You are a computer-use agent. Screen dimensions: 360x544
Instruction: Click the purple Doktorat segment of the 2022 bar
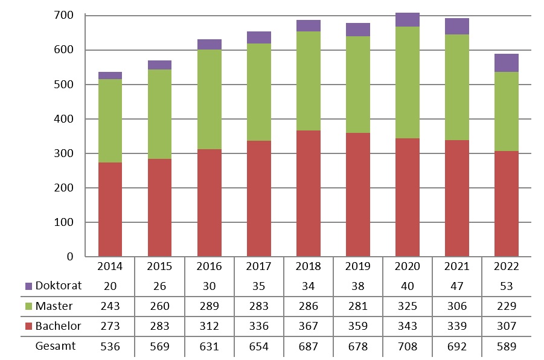[x=507, y=63]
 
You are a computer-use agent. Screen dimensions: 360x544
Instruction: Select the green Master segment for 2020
[x=408, y=82]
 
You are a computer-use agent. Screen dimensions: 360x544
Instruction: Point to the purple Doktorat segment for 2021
[x=457, y=26]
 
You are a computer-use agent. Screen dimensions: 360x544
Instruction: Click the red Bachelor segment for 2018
[x=308, y=193]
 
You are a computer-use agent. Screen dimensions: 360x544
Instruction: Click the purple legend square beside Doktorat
[x=29, y=286]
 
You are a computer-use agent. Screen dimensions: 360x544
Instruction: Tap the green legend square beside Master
[x=29, y=306]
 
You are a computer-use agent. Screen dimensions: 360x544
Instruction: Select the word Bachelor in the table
[x=58, y=326]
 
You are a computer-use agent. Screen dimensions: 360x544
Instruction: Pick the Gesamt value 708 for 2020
[x=408, y=346]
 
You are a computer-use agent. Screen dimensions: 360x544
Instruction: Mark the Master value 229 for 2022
[x=507, y=306]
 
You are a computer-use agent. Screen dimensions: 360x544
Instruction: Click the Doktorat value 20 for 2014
[x=110, y=286]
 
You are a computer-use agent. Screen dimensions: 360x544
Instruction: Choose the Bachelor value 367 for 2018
[x=308, y=326]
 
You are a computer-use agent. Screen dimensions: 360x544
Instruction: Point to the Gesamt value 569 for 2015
[x=159, y=346]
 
